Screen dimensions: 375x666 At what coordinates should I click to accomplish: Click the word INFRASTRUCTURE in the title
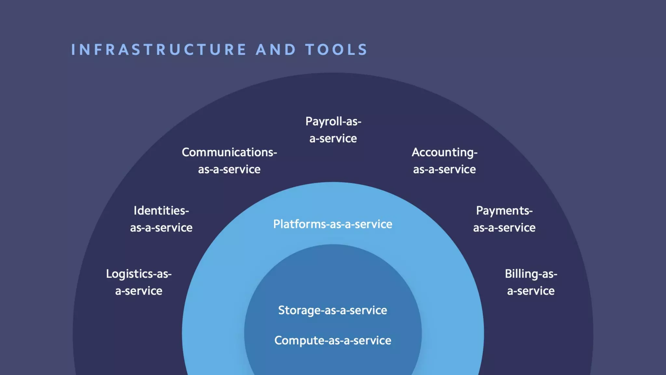pyautogui.click(x=158, y=50)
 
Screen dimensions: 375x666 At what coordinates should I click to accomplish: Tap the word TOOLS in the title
pyautogui.click(x=336, y=50)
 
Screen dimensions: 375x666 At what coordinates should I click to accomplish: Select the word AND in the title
pyautogui.click(x=275, y=50)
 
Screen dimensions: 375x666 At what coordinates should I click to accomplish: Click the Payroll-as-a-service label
pyautogui.click(x=333, y=130)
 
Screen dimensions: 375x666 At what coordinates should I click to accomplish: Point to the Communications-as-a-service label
pyautogui.click(x=229, y=161)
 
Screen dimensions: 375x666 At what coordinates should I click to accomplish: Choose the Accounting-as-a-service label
pyautogui.click(x=444, y=161)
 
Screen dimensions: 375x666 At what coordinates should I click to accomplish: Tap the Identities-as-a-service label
pyautogui.click(x=161, y=219)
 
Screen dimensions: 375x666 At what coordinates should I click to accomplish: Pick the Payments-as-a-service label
pyautogui.click(x=504, y=219)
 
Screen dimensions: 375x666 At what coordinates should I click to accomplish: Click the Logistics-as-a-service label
pyautogui.click(x=139, y=282)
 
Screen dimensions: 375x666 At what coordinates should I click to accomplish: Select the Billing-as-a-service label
pyautogui.click(x=531, y=282)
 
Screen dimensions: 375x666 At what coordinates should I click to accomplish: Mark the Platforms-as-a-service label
pyautogui.click(x=333, y=224)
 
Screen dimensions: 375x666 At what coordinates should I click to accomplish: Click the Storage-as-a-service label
pyautogui.click(x=333, y=310)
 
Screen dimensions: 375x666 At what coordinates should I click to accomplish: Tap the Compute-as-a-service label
pyautogui.click(x=333, y=340)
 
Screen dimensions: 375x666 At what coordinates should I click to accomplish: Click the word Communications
pyautogui.click(x=228, y=152)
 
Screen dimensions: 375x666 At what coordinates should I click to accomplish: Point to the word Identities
pyautogui.click(x=160, y=211)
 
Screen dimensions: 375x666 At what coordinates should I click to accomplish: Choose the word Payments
pyautogui.click(x=503, y=211)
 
